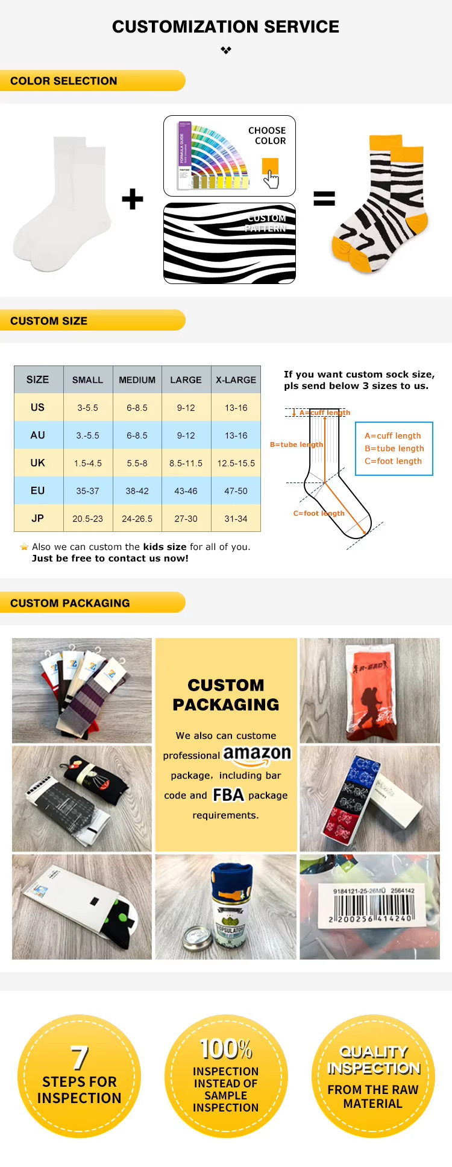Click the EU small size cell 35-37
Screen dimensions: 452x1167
(x=87, y=491)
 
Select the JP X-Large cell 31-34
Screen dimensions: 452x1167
(x=236, y=519)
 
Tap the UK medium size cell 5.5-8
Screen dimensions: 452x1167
(x=137, y=463)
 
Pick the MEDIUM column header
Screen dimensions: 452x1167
(x=137, y=380)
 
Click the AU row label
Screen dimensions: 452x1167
(x=38, y=435)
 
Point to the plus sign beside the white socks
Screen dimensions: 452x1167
(x=133, y=199)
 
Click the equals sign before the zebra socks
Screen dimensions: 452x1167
(x=324, y=198)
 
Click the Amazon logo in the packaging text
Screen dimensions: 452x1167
(x=257, y=754)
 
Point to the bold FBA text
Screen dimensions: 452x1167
(x=228, y=795)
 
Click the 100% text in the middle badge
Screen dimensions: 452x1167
(x=226, y=1049)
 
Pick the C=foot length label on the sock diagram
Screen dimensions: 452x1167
(x=319, y=513)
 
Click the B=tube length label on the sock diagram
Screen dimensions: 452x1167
(x=297, y=444)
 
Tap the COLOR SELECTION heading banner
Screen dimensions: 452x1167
(x=64, y=81)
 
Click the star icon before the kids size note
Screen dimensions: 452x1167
(x=24, y=547)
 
